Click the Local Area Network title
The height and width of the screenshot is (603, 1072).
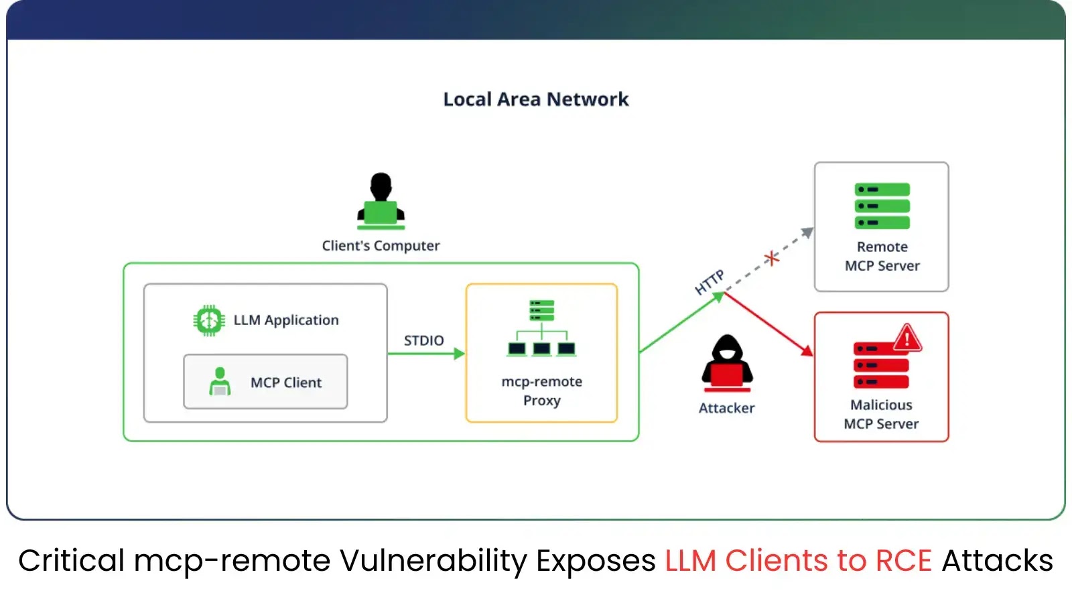coord(535,99)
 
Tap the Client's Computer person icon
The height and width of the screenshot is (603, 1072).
coord(381,200)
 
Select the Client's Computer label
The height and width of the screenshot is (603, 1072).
coord(381,246)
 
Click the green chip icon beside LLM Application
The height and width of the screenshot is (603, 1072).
coord(209,320)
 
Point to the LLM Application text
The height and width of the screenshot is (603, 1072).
coord(286,320)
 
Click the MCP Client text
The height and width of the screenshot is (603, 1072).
coord(286,383)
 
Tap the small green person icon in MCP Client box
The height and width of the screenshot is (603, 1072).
coord(220,382)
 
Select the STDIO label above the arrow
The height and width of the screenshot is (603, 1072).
coord(423,340)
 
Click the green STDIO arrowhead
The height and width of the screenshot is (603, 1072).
coord(460,354)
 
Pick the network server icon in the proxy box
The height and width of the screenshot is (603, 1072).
coord(541,328)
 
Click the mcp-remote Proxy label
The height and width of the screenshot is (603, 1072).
coord(541,391)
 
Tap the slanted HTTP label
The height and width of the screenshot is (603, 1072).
coord(710,282)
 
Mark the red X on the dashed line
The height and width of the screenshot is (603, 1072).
coord(772,257)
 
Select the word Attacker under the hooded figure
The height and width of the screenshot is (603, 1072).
coord(726,408)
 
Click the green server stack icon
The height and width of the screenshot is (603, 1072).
coord(882,206)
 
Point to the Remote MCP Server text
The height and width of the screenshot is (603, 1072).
coord(882,256)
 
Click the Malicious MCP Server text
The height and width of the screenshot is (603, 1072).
coord(881,414)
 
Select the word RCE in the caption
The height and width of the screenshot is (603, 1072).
coord(903,561)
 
